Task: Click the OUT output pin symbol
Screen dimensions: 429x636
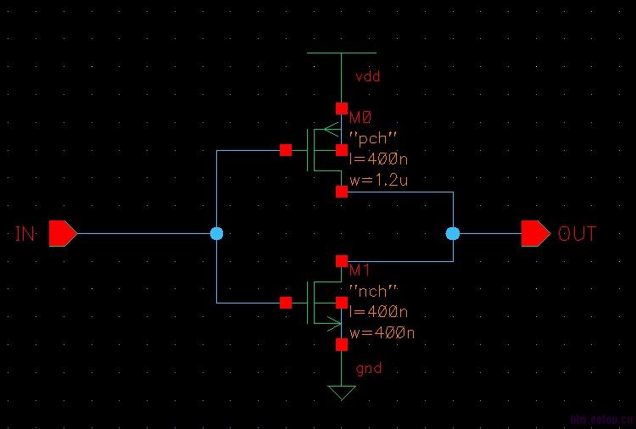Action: pos(535,233)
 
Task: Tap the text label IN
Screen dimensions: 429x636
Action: pos(25,234)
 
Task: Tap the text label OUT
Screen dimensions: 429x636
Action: pos(577,234)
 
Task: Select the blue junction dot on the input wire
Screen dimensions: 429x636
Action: pos(216,233)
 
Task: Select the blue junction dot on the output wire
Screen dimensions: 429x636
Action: pos(453,233)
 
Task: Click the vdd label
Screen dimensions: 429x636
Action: pos(368,76)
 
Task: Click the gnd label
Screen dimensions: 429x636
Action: pos(368,369)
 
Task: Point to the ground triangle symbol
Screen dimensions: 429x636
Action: pos(342,393)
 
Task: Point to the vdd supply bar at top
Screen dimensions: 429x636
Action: pos(341,53)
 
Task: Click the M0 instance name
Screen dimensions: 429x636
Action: pos(360,119)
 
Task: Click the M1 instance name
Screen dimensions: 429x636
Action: pos(360,270)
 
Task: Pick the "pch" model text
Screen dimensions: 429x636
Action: pos(374,138)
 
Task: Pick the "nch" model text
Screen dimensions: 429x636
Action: pos(374,292)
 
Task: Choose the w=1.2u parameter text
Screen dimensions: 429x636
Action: pos(378,179)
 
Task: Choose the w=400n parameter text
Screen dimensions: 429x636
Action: pos(382,332)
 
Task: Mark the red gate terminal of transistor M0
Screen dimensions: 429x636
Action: pos(286,151)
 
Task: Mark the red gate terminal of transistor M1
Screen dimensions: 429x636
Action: pos(286,302)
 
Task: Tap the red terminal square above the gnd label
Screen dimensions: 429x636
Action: pos(341,345)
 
